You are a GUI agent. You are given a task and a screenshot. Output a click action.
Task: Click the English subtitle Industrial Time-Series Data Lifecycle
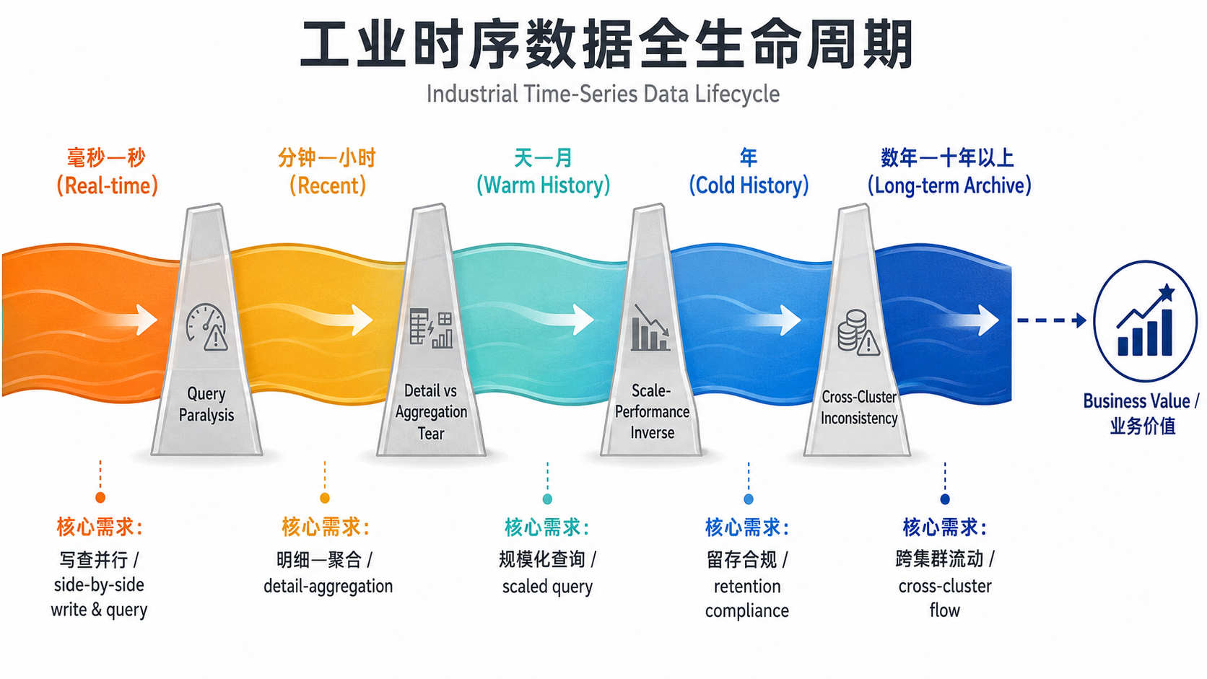pos(603,94)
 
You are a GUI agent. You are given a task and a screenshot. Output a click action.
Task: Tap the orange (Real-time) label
pos(108,185)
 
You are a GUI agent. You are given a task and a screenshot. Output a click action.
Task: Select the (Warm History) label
pos(543,185)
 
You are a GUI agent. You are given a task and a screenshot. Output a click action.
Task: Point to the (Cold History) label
pos(749,185)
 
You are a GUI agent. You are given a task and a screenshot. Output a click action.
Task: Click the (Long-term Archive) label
pos(949,185)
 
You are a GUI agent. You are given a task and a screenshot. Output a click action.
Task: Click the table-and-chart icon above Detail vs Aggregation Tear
pos(431,328)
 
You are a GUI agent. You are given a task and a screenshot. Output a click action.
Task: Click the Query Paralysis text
pos(206,404)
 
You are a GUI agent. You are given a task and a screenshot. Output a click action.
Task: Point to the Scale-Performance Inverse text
pos(652,411)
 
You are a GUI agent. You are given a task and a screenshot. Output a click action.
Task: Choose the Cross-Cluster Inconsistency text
pos(859,408)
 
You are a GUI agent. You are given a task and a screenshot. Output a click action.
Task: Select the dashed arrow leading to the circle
pos(1052,320)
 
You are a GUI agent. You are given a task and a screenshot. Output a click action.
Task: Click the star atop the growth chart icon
pos(1167,292)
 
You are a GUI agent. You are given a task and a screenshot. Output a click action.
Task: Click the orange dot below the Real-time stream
pos(100,498)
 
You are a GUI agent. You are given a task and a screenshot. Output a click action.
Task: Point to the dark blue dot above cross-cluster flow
pos(944,499)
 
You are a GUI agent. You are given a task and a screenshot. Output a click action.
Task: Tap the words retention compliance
pos(747,598)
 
